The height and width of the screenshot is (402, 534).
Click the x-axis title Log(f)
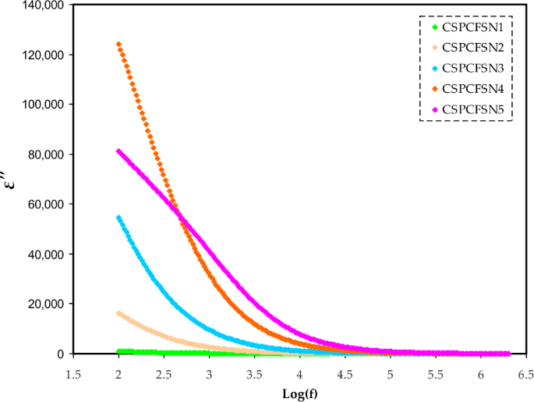click(x=300, y=393)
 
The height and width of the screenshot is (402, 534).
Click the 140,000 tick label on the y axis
click(x=44, y=5)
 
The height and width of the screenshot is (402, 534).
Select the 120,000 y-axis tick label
click(x=44, y=55)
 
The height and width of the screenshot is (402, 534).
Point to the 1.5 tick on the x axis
click(x=72, y=373)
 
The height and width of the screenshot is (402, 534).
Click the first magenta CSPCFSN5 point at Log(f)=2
click(x=118, y=151)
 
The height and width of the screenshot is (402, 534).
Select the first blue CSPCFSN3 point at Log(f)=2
click(x=118, y=217)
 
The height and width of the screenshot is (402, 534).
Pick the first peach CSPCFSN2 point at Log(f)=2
click(x=118, y=313)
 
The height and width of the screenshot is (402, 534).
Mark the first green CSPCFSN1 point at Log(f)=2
click(x=118, y=352)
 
